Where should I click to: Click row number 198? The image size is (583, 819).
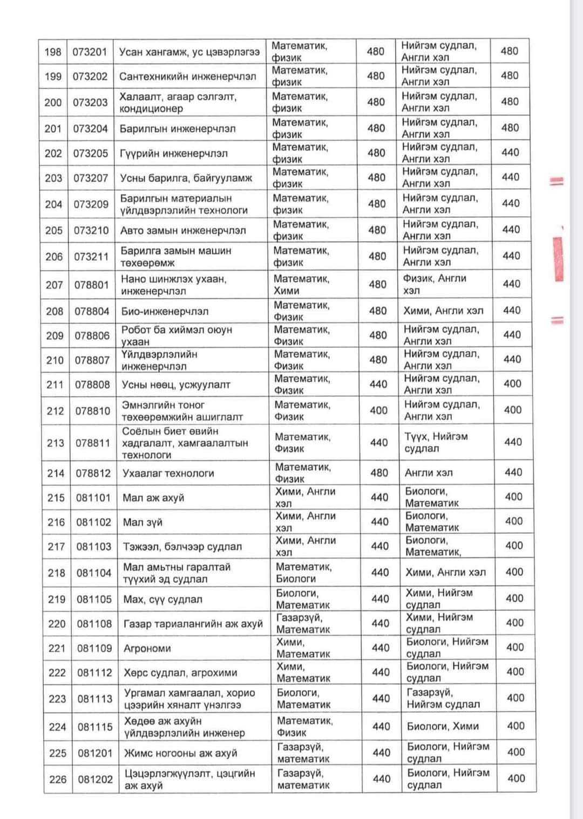tap(53, 52)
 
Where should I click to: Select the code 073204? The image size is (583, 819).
tap(91, 129)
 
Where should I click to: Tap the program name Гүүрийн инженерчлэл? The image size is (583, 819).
tap(173, 154)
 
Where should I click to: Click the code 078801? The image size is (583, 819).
tap(91, 285)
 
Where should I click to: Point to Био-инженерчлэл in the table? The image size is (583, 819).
tap(165, 312)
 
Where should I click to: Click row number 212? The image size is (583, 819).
tap(55, 411)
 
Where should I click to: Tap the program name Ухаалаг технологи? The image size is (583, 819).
tap(168, 473)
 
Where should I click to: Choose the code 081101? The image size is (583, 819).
tap(93, 498)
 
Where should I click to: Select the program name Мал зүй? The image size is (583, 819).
tap(143, 522)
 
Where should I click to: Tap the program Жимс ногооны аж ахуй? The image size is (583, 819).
tap(180, 753)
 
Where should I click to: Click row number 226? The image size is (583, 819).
tap(58, 779)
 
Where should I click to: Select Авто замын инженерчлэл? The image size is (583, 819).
tap(183, 231)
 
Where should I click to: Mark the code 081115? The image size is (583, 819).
tap(94, 727)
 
